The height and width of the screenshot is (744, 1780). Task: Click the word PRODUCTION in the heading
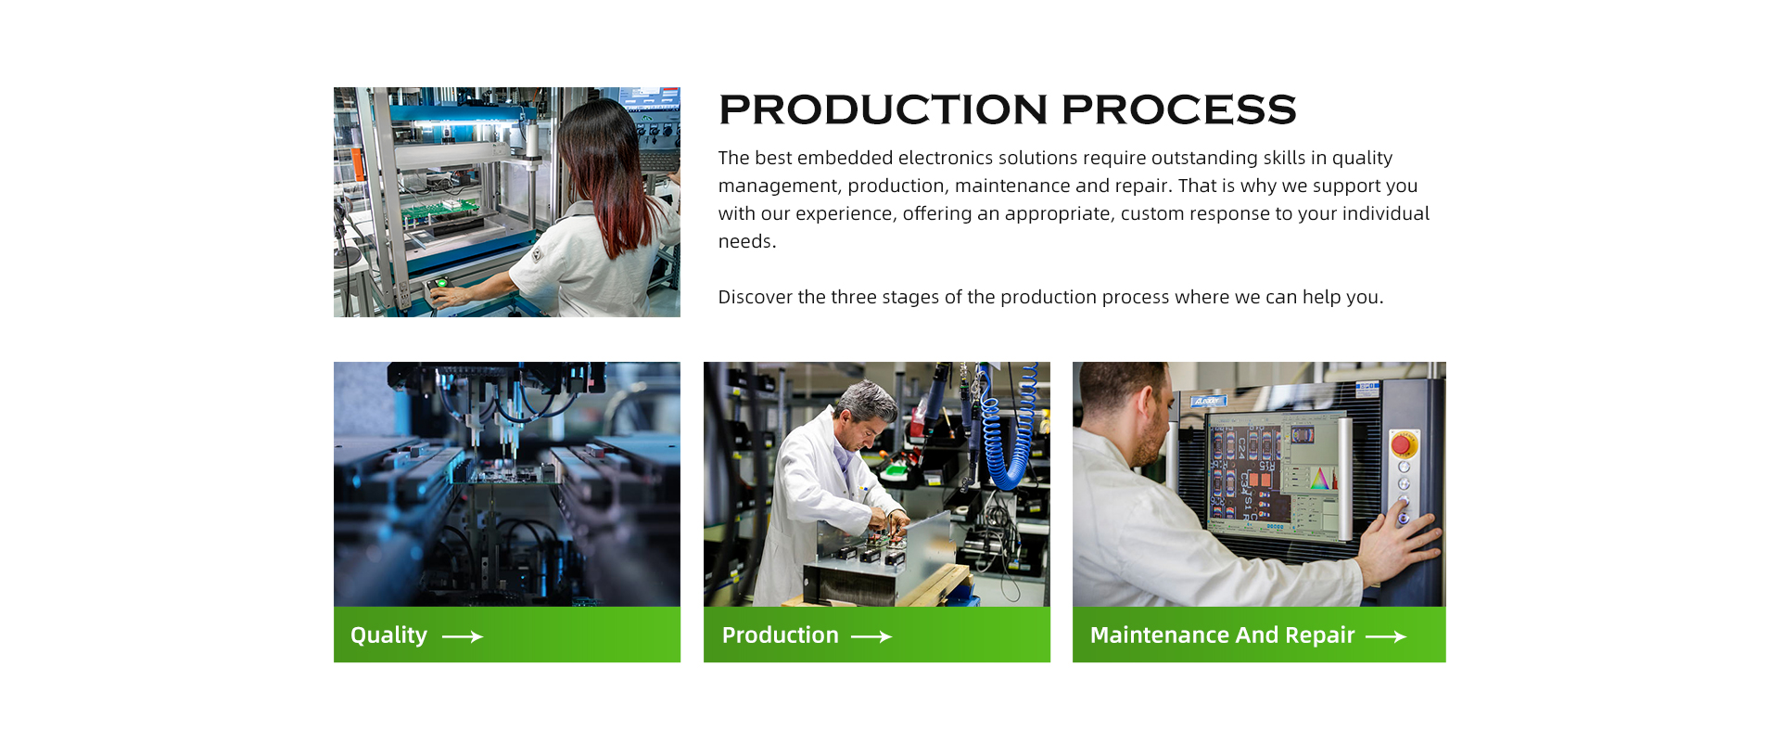click(884, 109)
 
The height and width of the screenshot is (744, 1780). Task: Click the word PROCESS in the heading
click(1179, 109)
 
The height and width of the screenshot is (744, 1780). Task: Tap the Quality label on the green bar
click(388, 635)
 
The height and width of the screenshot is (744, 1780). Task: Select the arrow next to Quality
click(463, 636)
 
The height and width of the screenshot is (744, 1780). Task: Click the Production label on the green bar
click(780, 635)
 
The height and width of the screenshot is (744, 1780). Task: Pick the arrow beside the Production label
click(871, 636)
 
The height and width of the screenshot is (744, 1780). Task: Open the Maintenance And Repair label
click(1222, 635)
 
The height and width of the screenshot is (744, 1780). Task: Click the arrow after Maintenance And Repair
click(1386, 636)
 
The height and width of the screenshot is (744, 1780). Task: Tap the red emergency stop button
click(1403, 444)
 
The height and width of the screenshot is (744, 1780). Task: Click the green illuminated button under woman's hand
click(442, 283)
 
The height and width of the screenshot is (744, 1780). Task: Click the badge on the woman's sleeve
click(537, 254)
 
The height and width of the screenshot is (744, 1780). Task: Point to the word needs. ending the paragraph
click(747, 241)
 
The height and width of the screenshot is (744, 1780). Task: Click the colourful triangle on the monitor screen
click(1322, 477)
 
